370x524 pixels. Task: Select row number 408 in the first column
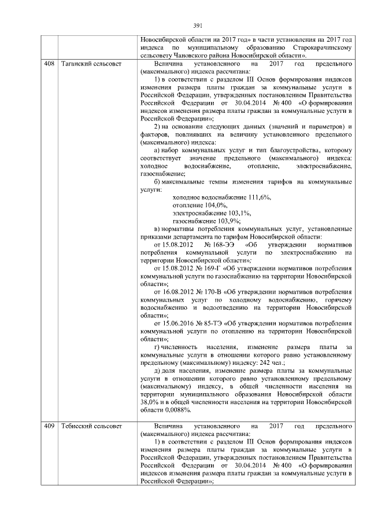pyautogui.click(x=49, y=62)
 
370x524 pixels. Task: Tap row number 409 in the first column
pyautogui.click(x=49, y=426)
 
